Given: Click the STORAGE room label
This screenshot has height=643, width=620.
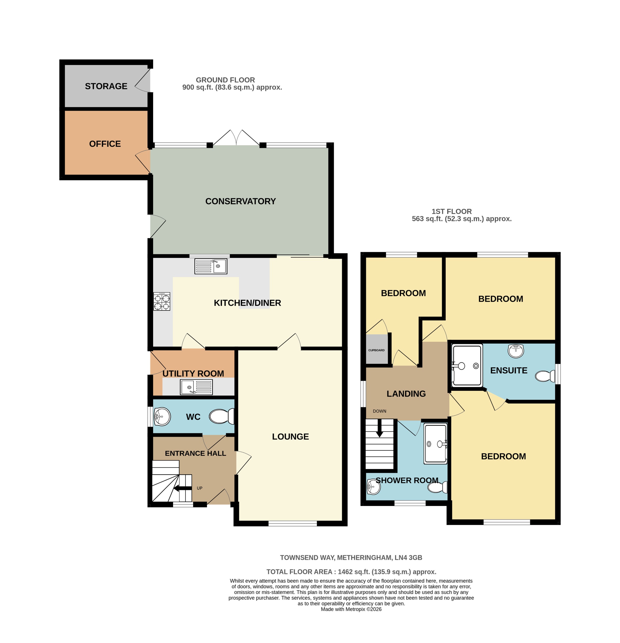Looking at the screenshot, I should pos(106,86).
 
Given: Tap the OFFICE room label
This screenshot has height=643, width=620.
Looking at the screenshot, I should pos(105,144).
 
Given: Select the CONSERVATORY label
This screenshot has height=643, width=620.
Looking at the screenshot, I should pos(240,201).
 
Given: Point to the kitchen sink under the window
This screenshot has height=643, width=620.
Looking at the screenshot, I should pos(211,266).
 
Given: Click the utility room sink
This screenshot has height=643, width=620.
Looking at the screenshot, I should pos(196,387).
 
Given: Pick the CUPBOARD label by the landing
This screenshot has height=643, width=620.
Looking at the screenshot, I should pos(376,350).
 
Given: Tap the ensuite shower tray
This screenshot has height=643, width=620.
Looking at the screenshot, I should pos(467,365).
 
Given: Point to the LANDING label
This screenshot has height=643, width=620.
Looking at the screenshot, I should pos(406,394).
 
